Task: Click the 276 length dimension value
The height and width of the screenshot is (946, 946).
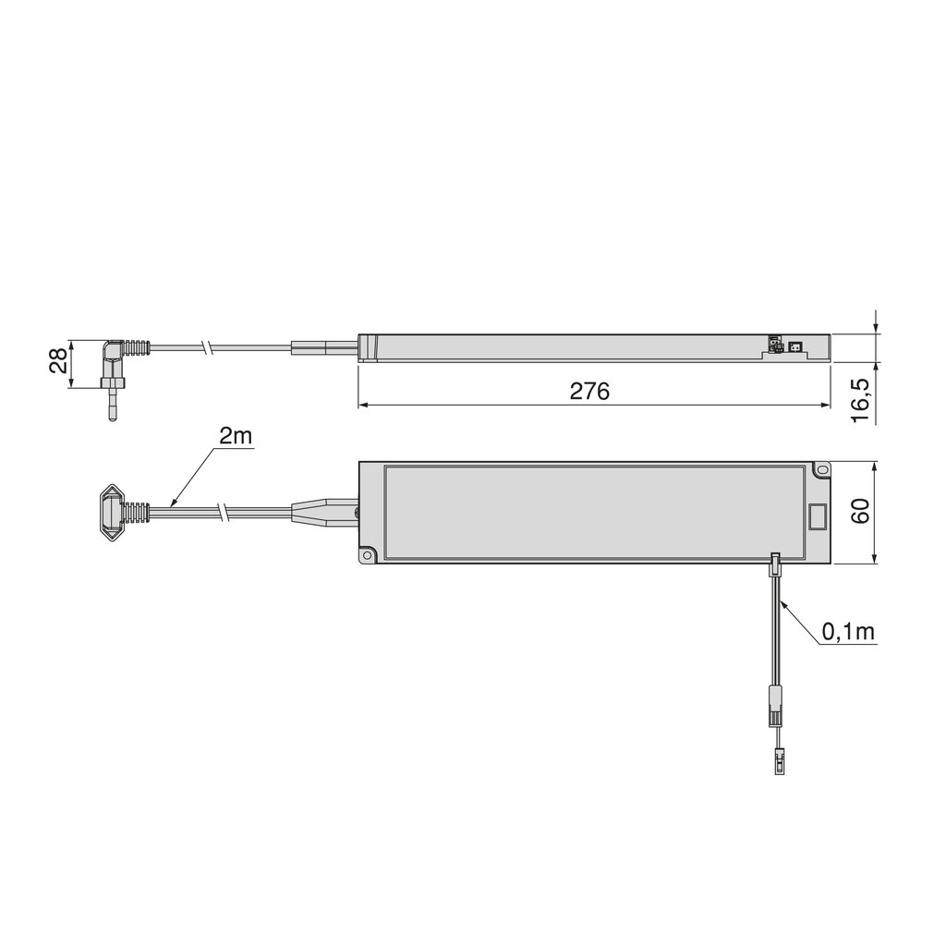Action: (589, 391)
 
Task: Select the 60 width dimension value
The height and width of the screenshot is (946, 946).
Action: (860, 512)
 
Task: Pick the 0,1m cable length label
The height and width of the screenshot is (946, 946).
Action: (848, 632)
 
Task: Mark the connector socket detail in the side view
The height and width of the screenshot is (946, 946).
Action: (783, 346)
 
